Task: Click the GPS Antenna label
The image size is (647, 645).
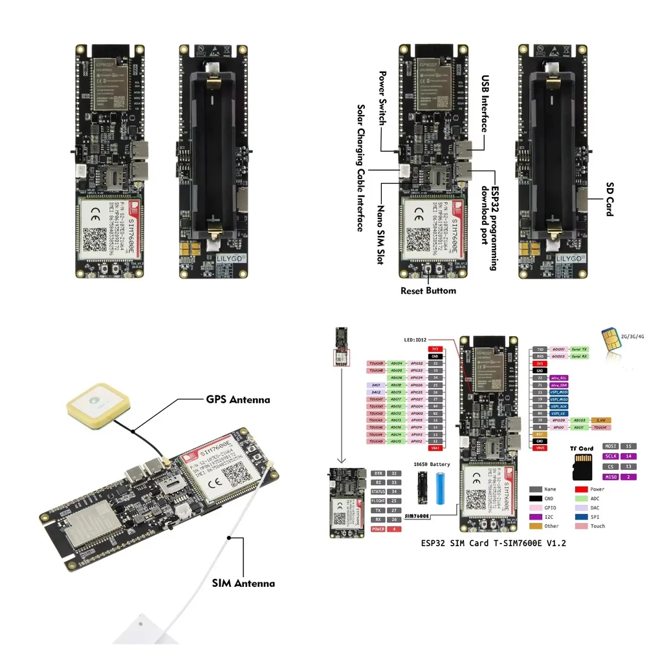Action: point(238,399)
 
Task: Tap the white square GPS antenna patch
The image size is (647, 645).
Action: point(98,405)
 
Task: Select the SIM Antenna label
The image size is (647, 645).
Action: point(243,583)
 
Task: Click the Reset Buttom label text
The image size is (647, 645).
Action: point(428,290)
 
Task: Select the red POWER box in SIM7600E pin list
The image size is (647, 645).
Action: point(377,529)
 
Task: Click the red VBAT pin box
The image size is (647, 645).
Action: point(435,448)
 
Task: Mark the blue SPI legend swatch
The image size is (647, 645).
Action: point(581,517)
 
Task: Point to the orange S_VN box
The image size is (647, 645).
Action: point(601,420)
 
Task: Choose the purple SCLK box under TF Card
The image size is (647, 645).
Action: point(611,456)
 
